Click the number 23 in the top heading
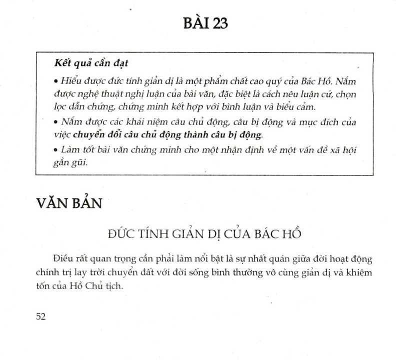[218, 23]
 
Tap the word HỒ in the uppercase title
[292, 234]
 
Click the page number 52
[41, 316]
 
